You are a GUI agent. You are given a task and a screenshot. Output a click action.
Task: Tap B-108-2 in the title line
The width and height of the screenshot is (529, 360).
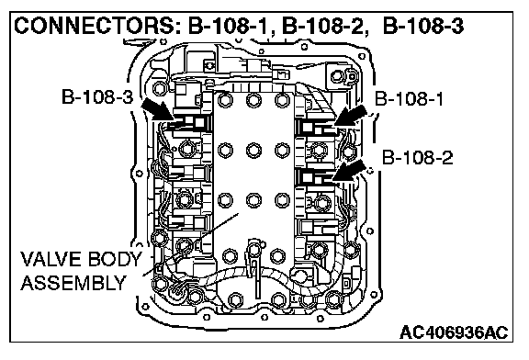[x=324, y=26]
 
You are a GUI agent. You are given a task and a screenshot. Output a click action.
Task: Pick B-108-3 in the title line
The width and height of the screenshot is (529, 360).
[x=423, y=26]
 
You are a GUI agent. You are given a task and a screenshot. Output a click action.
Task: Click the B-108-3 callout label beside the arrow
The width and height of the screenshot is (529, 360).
[x=97, y=96]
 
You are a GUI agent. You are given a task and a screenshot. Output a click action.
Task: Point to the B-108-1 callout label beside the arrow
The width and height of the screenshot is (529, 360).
[x=409, y=99]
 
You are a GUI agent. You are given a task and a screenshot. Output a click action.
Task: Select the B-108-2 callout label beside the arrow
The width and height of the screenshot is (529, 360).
[x=417, y=158]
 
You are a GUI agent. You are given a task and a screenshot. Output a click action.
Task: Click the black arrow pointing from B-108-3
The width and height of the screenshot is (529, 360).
[x=158, y=109]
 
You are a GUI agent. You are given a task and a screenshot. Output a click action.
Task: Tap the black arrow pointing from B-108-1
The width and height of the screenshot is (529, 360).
[x=351, y=116]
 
